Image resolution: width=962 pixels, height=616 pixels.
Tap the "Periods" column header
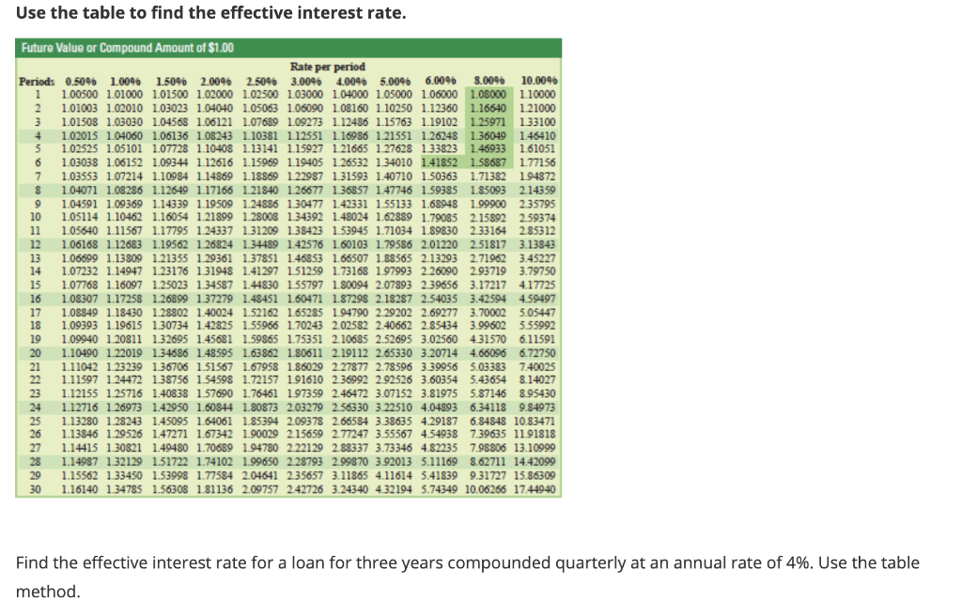coord(38,81)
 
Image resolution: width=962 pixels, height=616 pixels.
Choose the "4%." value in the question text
coord(768,562)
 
